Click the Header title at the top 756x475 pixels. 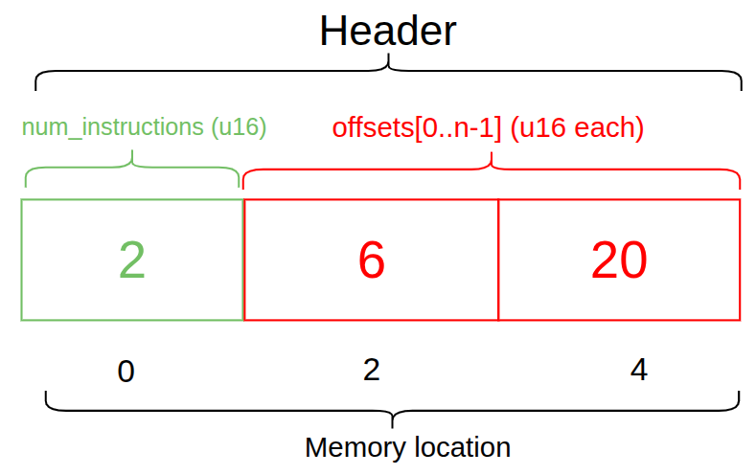coord(387,32)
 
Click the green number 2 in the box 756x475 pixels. coord(131,260)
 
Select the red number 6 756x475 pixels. coord(371,260)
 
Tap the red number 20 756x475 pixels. coord(619,260)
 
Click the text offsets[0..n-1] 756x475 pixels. coord(416,127)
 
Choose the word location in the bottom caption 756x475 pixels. coord(458,447)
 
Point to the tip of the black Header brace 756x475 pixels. coord(388,59)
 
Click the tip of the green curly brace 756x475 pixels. coord(132,157)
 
